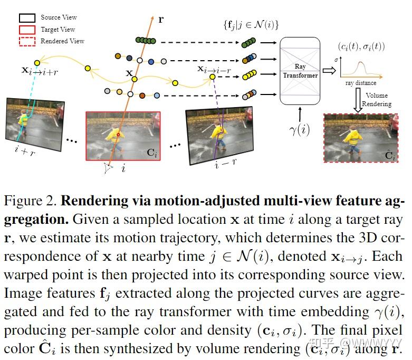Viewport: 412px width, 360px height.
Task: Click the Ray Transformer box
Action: [x=300, y=71]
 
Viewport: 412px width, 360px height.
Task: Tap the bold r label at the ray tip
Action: [x=161, y=20]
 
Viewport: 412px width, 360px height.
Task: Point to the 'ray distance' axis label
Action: [x=361, y=83]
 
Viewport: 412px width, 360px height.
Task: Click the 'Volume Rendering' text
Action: [x=376, y=100]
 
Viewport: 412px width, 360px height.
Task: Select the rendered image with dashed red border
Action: [x=361, y=138]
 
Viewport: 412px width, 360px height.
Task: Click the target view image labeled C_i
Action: [x=123, y=135]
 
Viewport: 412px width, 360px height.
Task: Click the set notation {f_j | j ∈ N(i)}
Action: [x=250, y=24]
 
